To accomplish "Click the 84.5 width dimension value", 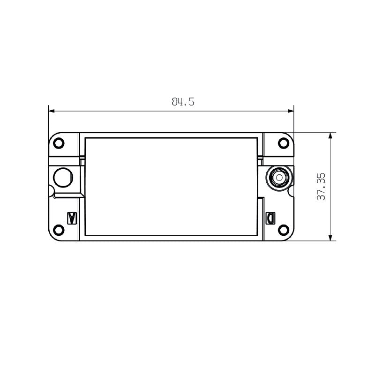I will pyautogui.click(x=183, y=102).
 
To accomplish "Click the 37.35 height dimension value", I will pyautogui.click(x=321, y=187).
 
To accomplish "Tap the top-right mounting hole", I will pyautogui.click(x=283, y=143).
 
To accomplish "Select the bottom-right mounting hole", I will pyautogui.click(x=283, y=230).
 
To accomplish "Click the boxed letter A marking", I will pyautogui.click(x=72, y=218).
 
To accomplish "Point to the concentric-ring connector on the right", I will pyautogui.click(x=279, y=178).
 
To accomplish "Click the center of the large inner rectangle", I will pyautogui.click(x=171, y=186).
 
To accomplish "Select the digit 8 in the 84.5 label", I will pyautogui.click(x=174, y=102).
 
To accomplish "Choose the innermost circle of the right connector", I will pyautogui.click(x=279, y=178).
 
